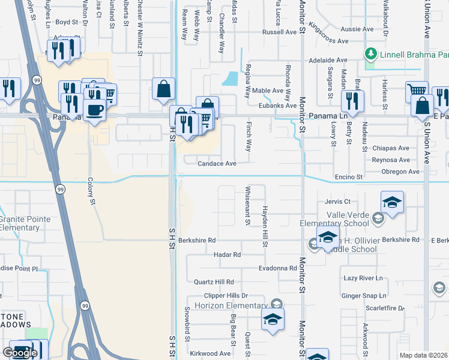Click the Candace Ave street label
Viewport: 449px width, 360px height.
217,163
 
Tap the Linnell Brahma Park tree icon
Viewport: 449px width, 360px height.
371,55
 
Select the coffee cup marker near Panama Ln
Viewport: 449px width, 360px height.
94,109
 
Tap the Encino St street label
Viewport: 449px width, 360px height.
349,178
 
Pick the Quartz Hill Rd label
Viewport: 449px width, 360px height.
213,282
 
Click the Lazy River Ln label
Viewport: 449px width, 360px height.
363,278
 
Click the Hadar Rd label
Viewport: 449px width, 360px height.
227,254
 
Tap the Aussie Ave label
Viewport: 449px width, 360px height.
357,29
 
